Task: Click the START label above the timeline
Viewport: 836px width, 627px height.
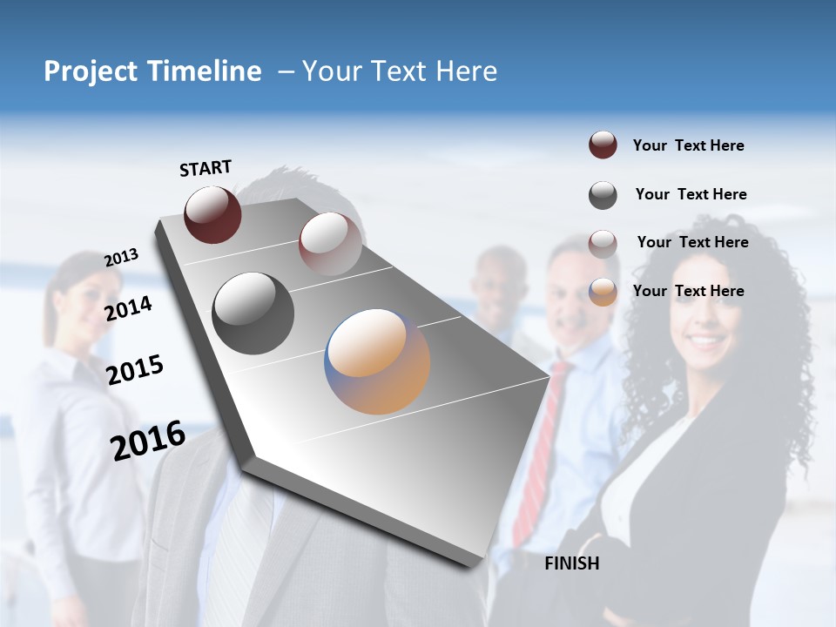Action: [206, 168]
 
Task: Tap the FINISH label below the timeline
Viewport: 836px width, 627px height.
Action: [572, 563]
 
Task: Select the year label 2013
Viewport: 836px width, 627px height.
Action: [121, 258]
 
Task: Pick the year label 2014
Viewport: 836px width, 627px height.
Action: [128, 308]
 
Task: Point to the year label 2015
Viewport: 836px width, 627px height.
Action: [135, 370]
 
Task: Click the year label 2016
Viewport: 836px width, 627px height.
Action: [148, 440]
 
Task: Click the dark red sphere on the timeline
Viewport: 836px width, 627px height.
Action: [212, 214]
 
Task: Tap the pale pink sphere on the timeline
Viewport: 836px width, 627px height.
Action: [330, 243]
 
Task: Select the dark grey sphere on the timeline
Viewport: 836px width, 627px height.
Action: [253, 313]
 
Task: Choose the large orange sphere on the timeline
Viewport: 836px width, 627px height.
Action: [377, 361]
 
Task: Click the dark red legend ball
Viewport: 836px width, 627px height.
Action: [603, 145]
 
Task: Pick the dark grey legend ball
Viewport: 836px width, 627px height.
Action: [603, 195]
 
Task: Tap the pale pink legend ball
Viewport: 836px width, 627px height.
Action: [603, 244]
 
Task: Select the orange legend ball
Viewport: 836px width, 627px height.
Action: [603, 292]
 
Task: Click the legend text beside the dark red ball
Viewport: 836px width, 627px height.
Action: [688, 145]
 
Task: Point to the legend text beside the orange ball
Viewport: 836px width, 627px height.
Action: [688, 291]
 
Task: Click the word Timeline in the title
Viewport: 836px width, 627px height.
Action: [206, 71]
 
